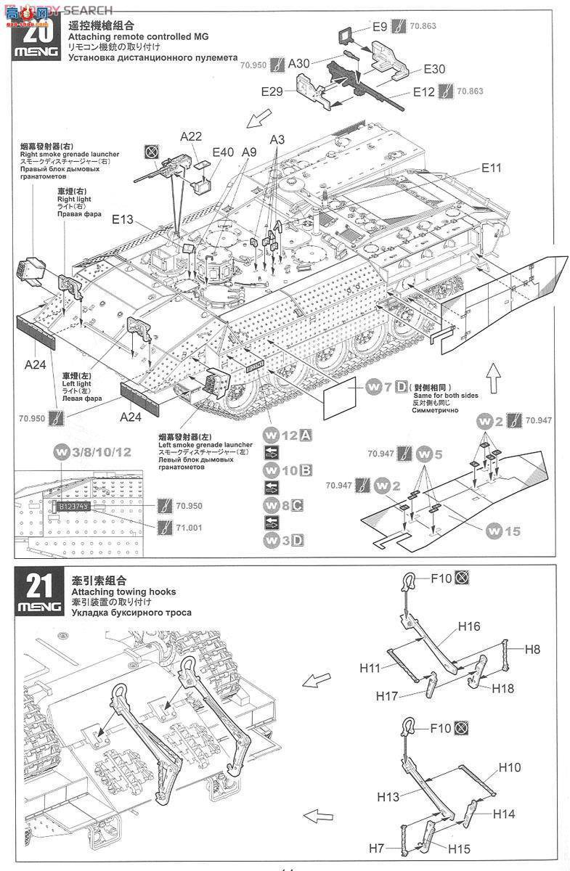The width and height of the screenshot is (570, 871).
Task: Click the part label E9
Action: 380,28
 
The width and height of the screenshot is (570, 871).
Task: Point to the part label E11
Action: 491,168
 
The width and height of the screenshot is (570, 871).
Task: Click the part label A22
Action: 191,136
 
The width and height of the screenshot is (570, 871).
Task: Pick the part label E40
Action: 223,152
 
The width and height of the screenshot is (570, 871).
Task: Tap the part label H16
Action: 469,626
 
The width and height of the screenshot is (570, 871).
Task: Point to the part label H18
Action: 503,688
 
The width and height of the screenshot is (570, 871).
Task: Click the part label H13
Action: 388,797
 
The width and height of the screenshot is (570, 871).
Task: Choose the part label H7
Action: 375,848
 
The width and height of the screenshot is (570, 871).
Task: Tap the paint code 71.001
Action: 189,527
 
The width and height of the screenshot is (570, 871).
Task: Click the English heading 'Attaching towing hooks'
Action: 123,592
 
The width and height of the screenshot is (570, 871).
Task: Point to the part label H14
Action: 504,814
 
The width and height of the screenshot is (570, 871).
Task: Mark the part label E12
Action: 424,92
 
